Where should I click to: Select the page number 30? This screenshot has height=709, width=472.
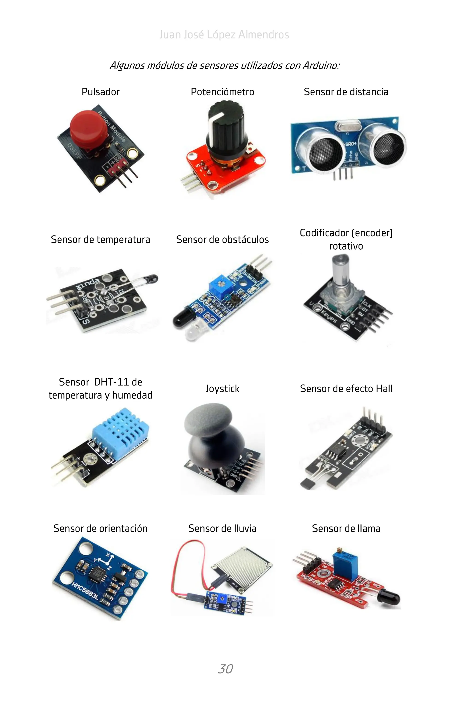tap(225, 669)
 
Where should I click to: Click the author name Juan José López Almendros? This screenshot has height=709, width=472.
tap(224, 35)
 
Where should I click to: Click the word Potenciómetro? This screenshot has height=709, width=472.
tap(222, 92)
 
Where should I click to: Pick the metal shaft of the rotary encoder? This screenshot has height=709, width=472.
tap(340, 274)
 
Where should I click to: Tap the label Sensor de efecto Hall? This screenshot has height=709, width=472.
tap(346, 389)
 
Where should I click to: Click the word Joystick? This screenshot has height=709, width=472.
tap(222, 389)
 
